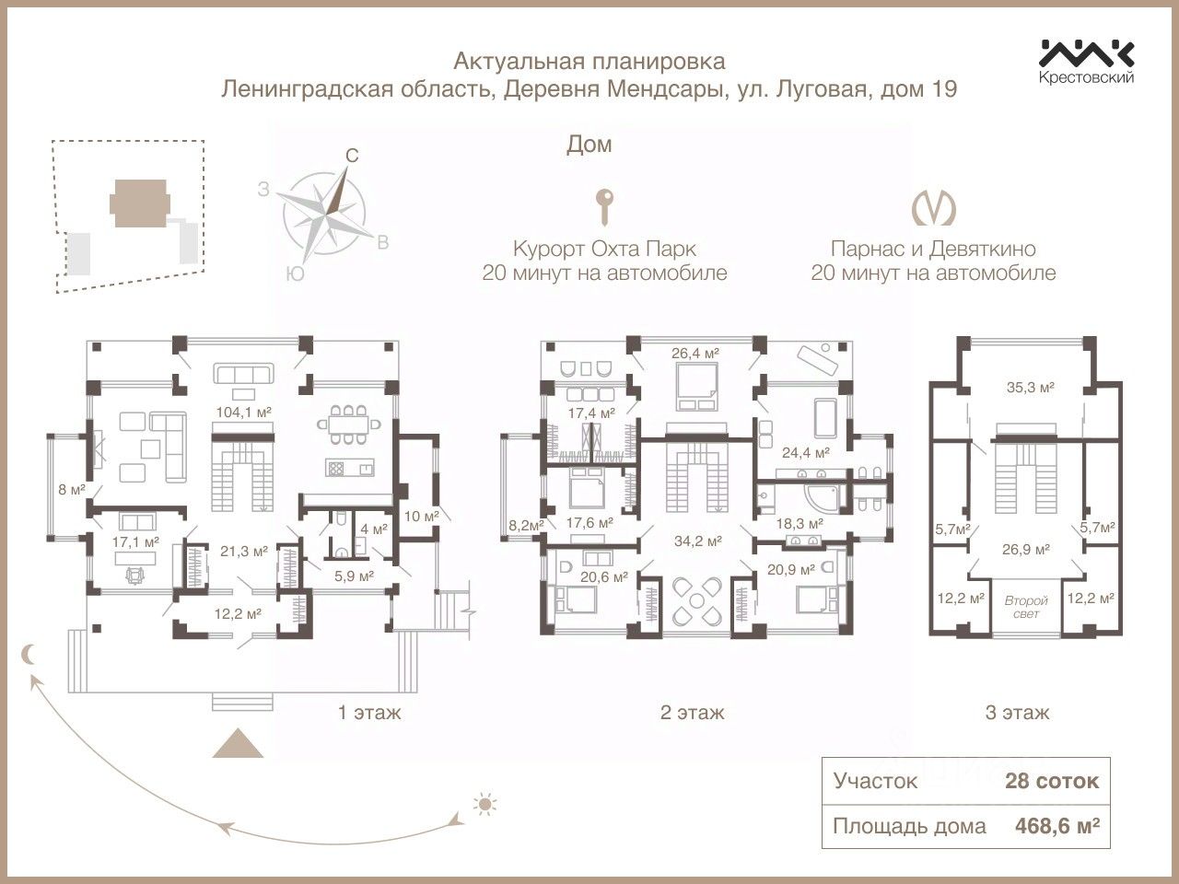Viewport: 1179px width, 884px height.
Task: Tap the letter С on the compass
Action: pyautogui.click(x=352, y=157)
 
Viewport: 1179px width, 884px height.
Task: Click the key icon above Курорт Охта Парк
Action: pyautogui.click(x=604, y=206)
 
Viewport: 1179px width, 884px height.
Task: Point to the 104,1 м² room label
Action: pyautogui.click(x=243, y=413)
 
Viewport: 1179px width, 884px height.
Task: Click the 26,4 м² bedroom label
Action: pyautogui.click(x=695, y=354)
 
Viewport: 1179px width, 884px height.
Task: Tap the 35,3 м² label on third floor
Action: pyautogui.click(x=1030, y=387)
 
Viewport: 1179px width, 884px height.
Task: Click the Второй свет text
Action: pyautogui.click(x=1026, y=607)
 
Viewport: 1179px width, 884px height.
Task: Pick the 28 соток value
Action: pyautogui.click(x=1052, y=781)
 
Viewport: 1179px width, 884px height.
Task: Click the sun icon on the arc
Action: pyautogui.click(x=484, y=805)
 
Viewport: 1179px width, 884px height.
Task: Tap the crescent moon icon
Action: pyautogui.click(x=29, y=655)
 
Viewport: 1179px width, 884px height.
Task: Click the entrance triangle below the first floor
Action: pyautogui.click(x=238, y=743)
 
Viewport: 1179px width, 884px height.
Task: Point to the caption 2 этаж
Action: pyautogui.click(x=692, y=713)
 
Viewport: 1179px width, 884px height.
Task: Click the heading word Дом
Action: pyautogui.click(x=589, y=145)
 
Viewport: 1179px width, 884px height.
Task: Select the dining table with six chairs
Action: pyautogui.click(x=349, y=425)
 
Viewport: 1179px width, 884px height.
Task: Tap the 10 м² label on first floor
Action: pyautogui.click(x=422, y=517)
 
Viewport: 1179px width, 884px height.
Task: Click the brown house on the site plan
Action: pyautogui.click(x=140, y=204)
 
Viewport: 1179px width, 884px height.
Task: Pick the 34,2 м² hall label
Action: pyautogui.click(x=698, y=541)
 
